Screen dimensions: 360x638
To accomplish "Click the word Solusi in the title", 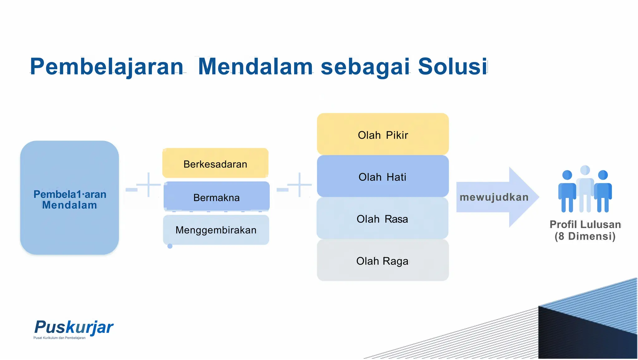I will coord(452,67).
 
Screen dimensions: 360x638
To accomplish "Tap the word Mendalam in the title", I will coord(255,67).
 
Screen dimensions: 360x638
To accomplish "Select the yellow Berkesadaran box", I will coord(215,164).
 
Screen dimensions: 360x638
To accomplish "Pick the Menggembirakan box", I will coord(216,230).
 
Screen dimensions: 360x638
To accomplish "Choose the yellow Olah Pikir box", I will coord(383,135).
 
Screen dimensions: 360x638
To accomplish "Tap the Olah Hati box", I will coord(383,177).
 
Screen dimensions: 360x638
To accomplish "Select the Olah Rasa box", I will coord(382,219).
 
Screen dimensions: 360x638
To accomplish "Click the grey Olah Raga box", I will coord(383,261).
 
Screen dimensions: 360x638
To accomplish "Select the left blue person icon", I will coord(567,192).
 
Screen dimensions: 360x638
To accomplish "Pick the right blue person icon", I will coord(603,192).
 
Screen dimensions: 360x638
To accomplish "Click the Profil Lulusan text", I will coord(585,224).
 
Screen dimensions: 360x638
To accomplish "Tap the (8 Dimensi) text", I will coord(585,236).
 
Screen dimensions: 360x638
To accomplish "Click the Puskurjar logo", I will coord(74,327).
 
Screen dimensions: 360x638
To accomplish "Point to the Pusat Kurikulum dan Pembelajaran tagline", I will coord(59,338).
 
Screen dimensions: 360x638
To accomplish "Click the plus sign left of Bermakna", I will coord(148,185).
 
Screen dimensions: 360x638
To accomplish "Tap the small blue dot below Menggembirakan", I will coord(170,246).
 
